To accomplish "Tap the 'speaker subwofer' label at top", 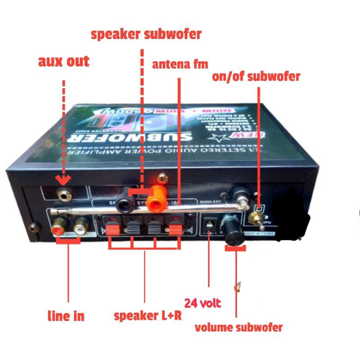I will pyautogui.click(x=146, y=34).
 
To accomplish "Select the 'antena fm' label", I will pyautogui.click(x=180, y=64).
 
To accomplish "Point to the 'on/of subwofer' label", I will pyautogui.click(x=256, y=76).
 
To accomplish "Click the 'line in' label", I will pyautogui.click(x=66, y=316).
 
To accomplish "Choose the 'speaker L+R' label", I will pyautogui.click(x=148, y=315).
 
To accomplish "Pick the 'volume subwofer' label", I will pyautogui.click(x=238, y=327).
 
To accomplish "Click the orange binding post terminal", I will pyautogui.click(x=157, y=199).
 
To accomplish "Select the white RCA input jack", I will pyautogui.click(x=81, y=222).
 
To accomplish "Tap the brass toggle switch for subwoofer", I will pyautogui.click(x=257, y=220).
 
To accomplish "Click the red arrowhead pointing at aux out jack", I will pyautogui.click(x=64, y=180).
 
